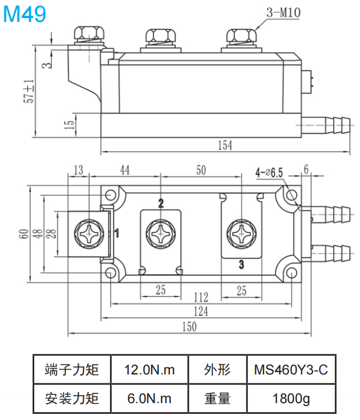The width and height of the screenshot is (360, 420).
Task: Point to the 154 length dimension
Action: pos(224,145)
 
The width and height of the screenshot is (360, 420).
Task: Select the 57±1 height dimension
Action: pos(29,91)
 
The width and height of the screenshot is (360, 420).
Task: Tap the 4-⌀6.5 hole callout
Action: pos(269,172)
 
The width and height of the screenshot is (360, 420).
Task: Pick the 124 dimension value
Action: pos(200,311)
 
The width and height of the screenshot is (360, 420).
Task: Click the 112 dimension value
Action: pos(200,296)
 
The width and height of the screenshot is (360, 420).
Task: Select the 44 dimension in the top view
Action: pos(125,170)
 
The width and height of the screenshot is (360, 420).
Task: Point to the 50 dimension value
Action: pos(200,170)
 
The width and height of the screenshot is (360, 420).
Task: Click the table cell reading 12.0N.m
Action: pos(149,370)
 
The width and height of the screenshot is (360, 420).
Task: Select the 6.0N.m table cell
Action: pos(149,399)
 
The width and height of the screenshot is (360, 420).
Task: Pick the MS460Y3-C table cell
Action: pos(290,370)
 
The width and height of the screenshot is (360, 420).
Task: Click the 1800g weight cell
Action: pos(290,399)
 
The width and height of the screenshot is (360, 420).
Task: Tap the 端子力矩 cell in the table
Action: pos(71,370)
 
